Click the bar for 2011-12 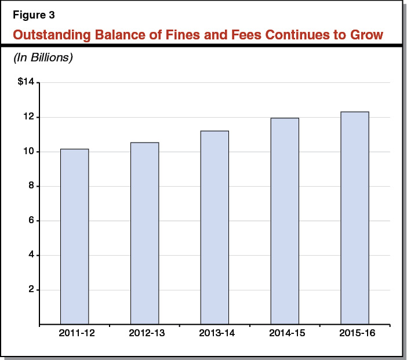pyautogui.click(x=74, y=237)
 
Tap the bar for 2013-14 pyautogui.click(x=215, y=227)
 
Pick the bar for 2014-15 pyautogui.click(x=285, y=221)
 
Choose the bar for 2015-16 pyautogui.click(x=354, y=218)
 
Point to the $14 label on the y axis pyautogui.click(x=26, y=83)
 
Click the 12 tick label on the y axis pyautogui.click(x=29, y=117)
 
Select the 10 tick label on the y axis pyautogui.click(x=29, y=152)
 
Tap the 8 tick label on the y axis pyautogui.click(x=31, y=186)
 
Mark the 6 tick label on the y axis pyautogui.click(x=31, y=221)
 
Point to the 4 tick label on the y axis pyautogui.click(x=31, y=255)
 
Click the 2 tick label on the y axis pyautogui.click(x=31, y=290)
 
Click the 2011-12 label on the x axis pyautogui.click(x=74, y=334)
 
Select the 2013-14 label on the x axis pyautogui.click(x=215, y=334)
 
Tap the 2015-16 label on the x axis pyautogui.click(x=354, y=334)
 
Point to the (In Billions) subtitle pyautogui.click(x=43, y=58)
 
